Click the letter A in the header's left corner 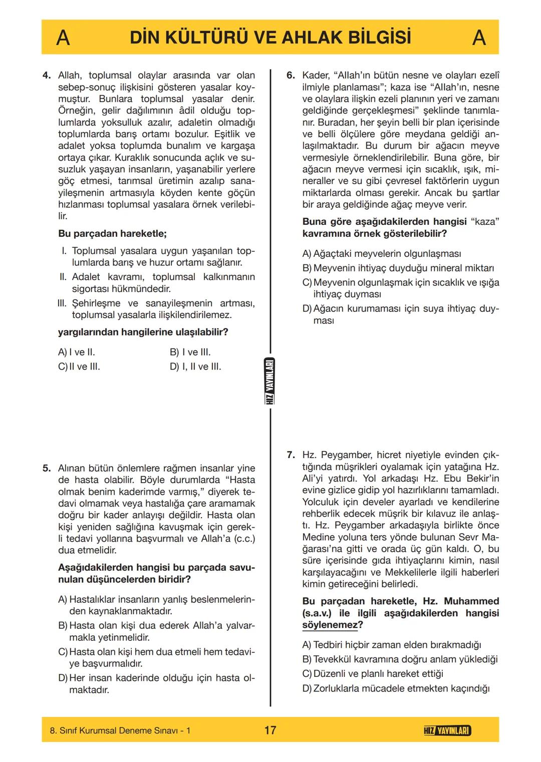pos(63,38)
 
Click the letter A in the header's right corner pos(479,38)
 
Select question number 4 pos(47,76)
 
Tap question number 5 pos(47,469)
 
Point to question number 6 pos(291,76)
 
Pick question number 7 pos(291,455)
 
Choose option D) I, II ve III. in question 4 pos(195,366)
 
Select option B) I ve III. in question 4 pos(190,352)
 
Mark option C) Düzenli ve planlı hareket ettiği pos(373,674)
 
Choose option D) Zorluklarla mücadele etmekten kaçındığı pos(396,688)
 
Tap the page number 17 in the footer pos(270,730)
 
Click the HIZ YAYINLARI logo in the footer pos(447,730)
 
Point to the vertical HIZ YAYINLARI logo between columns pos(270,382)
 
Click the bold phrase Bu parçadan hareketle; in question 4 pos(113,233)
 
